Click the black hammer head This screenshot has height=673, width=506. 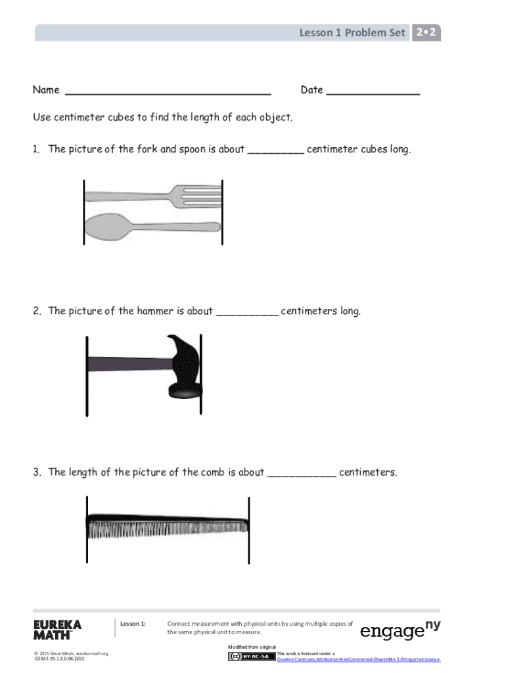[183, 368]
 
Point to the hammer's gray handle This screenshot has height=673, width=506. [125, 363]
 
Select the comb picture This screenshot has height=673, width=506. [168, 526]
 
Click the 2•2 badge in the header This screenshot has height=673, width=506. [426, 32]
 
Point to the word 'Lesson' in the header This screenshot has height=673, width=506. [317, 32]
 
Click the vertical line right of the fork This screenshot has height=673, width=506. [223, 212]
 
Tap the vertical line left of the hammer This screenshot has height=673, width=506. [86, 376]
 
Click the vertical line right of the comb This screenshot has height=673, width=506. [248, 530]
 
